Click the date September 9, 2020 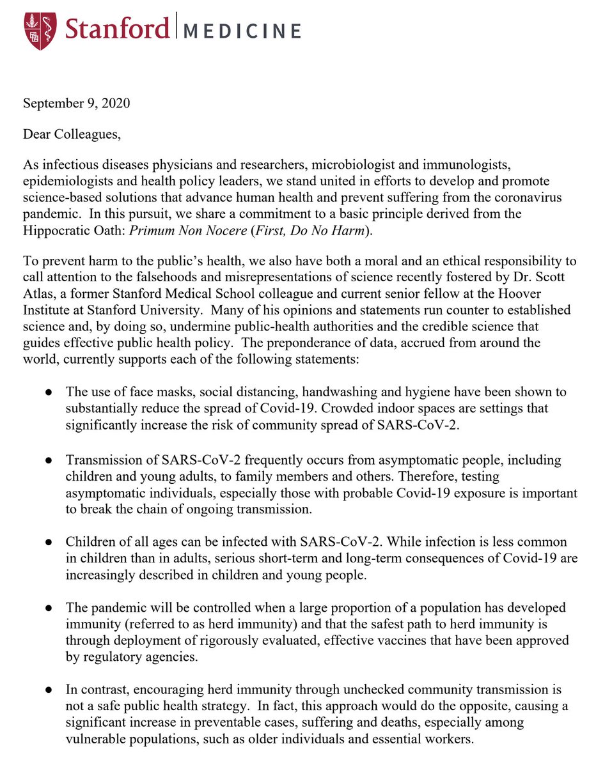click(x=77, y=103)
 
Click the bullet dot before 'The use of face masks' click(x=49, y=392)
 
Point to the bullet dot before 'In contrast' click(x=49, y=689)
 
